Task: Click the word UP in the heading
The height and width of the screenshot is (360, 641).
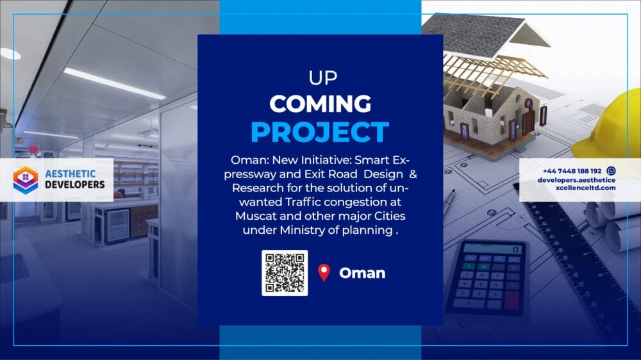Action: (323, 78)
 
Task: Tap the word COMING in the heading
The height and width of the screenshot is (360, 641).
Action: (320, 104)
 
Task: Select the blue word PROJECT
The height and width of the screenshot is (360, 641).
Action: (320, 131)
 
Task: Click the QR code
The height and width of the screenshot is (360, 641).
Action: (285, 272)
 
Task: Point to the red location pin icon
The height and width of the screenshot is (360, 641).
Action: (324, 272)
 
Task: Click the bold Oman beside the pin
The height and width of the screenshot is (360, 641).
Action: (362, 273)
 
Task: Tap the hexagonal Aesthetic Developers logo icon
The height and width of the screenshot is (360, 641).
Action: (26, 180)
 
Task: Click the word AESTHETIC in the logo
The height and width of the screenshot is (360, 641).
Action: (71, 174)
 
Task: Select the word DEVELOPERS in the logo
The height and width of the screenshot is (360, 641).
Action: (75, 184)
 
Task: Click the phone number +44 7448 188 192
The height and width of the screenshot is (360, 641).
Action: (572, 171)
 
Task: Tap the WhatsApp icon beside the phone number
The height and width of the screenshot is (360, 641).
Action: (611, 171)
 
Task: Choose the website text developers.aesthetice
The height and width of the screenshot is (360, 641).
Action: (576, 180)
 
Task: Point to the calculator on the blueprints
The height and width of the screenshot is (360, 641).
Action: (487, 278)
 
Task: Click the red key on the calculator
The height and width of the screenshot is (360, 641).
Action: (512, 300)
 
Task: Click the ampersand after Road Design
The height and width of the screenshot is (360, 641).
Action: (413, 174)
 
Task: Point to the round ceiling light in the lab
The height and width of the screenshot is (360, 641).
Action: (10, 54)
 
